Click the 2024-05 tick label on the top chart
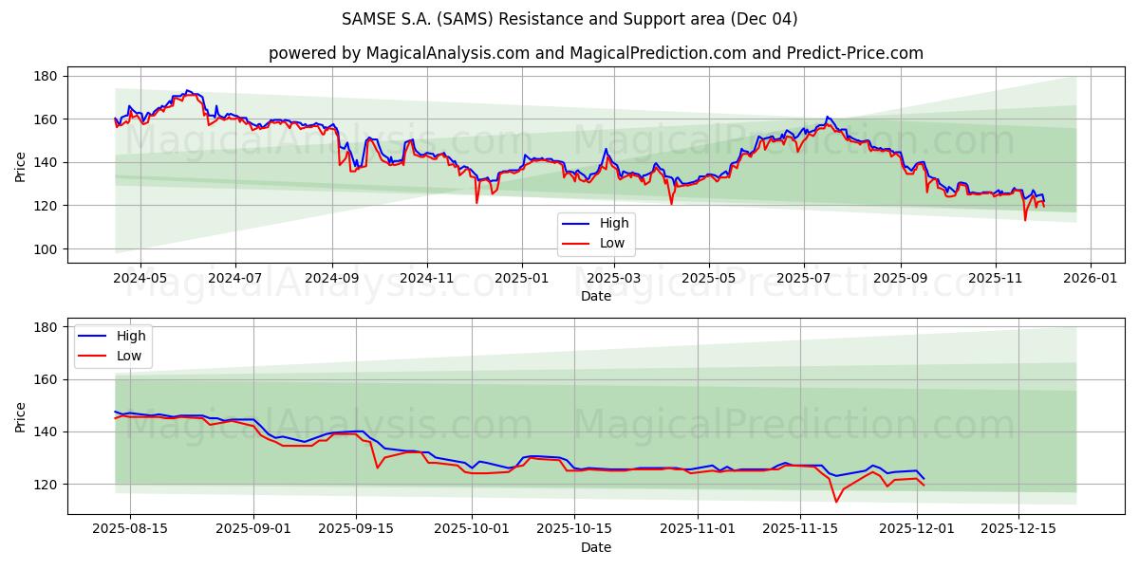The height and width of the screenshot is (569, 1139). click(x=140, y=280)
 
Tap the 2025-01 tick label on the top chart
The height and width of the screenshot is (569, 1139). click(x=521, y=280)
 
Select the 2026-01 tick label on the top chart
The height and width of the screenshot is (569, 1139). click(x=1090, y=280)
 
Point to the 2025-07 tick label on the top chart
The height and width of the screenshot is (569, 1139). click(x=803, y=280)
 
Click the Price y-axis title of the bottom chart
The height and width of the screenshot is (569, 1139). click(x=20, y=416)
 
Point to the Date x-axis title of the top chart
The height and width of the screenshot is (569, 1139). click(x=595, y=296)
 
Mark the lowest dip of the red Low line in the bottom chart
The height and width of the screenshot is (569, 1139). click(x=836, y=502)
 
